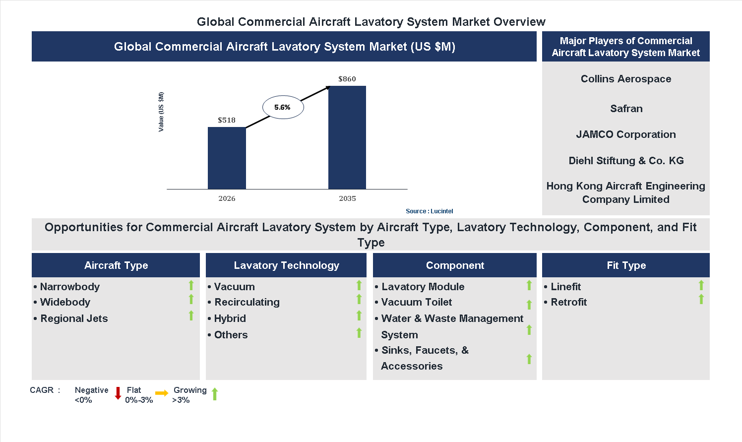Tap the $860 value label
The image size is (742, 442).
pyautogui.click(x=347, y=79)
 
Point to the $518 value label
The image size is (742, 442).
pyautogui.click(x=227, y=120)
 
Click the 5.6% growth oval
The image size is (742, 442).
pyautogui.click(x=283, y=107)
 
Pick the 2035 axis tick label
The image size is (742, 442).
pyautogui.click(x=347, y=198)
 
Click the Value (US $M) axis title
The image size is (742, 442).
pyautogui.click(x=161, y=112)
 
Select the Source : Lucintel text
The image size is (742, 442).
pyautogui.click(x=429, y=211)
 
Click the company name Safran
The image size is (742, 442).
pyautogui.click(x=626, y=109)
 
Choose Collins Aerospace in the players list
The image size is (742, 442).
pyautogui.click(x=626, y=79)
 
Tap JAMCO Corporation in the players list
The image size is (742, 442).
pyautogui.click(x=626, y=134)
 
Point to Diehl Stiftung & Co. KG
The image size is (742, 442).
pyautogui.click(x=626, y=161)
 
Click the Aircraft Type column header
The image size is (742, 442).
pyautogui.click(x=116, y=265)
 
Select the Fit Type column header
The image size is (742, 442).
pyautogui.click(x=626, y=265)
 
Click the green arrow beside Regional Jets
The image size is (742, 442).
pyautogui.click(x=191, y=316)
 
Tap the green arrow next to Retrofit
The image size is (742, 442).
pyautogui.click(x=701, y=299)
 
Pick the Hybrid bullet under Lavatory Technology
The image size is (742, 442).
pyautogui.click(x=230, y=318)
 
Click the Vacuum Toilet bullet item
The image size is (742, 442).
pyautogui.click(x=416, y=302)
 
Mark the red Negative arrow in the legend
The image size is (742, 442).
pyautogui.click(x=118, y=393)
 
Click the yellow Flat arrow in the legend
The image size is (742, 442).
pyautogui.click(x=162, y=393)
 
